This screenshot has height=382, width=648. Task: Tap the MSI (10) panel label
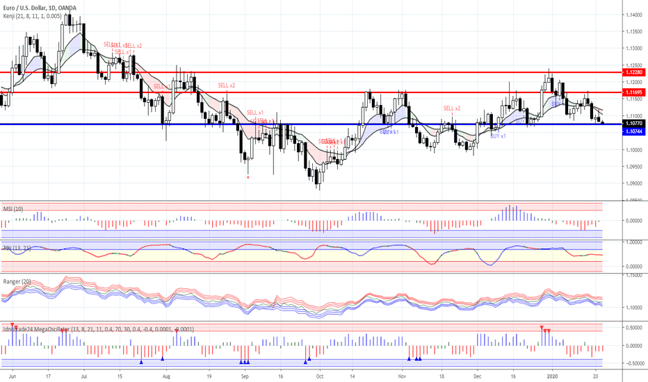(13, 209)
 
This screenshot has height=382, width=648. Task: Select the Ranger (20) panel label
(17, 281)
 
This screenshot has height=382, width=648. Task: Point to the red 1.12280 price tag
(633, 72)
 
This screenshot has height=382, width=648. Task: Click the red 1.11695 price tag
(633, 92)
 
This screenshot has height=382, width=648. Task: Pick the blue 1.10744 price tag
(633, 131)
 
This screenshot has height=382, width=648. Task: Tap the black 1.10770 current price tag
(633, 123)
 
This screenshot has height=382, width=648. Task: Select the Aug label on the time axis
(167, 375)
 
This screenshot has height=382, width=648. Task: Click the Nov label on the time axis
(401, 375)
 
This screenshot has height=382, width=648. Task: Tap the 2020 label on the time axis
(553, 375)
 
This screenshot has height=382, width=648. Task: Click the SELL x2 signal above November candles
(452, 108)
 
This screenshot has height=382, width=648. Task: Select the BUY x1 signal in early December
(498, 136)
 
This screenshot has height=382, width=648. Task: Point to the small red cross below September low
(248, 177)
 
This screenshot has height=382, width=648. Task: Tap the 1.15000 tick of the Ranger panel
(633, 275)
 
